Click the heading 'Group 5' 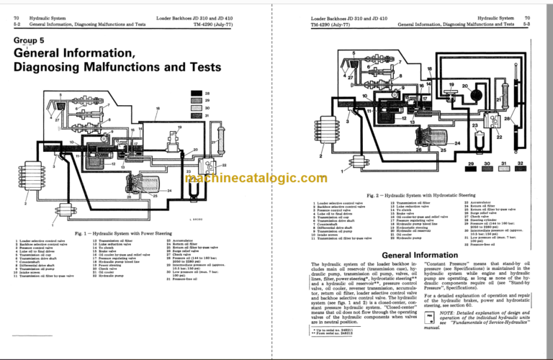(x=29, y=41)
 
